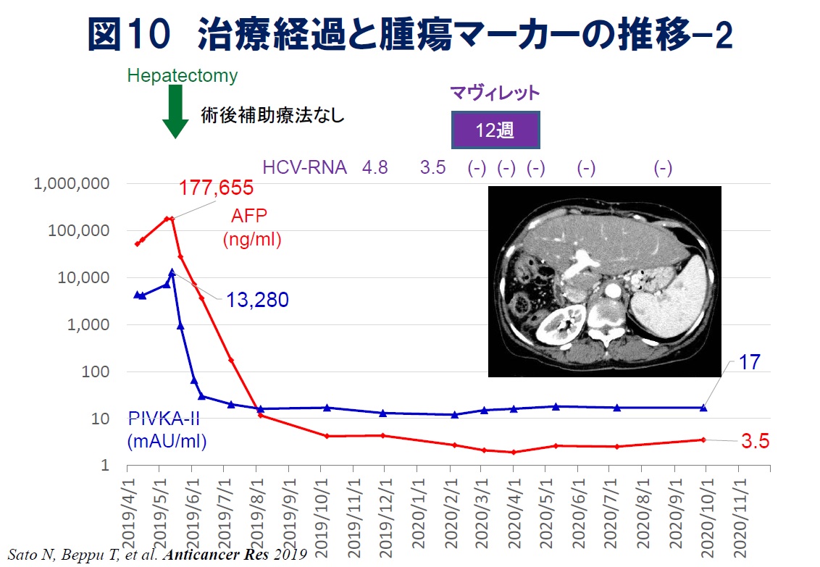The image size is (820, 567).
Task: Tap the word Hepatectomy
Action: (x=182, y=75)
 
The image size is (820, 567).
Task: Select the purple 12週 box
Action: (x=495, y=131)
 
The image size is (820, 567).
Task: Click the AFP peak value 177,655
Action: (x=216, y=188)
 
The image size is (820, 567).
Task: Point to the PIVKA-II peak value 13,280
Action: (x=257, y=299)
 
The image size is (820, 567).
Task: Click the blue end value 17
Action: (x=749, y=362)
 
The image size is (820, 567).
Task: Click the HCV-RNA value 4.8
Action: (x=375, y=168)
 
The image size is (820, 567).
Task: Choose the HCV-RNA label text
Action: (x=304, y=168)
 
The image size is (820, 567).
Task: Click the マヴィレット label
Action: (x=495, y=93)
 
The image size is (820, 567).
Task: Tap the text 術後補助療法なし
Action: (x=272, y=114)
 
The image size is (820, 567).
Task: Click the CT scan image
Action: (x=604, y=281)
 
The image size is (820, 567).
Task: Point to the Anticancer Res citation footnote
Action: (x=158, y=555)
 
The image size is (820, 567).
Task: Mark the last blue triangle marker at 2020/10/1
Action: (x=703, y=408)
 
